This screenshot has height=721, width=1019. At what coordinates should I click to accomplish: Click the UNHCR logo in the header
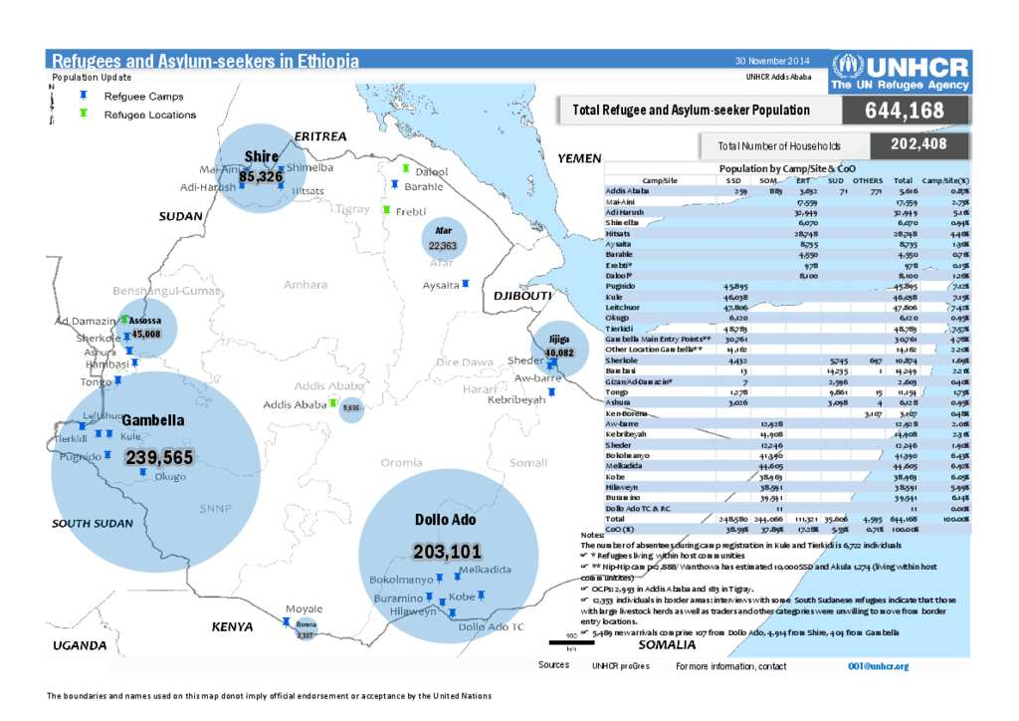click(900, 73)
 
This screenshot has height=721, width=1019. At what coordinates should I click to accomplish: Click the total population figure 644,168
click(905, 111)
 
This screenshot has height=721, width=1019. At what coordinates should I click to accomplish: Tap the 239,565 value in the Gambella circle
click(158, 457)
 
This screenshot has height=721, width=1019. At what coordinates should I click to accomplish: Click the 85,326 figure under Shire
click(261, 176)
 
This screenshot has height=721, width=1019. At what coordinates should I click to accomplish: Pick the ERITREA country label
click(319, 135)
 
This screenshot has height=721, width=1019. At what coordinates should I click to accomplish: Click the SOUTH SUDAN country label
click(92, 523)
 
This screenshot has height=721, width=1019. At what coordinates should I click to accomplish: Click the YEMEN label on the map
click(579, 158)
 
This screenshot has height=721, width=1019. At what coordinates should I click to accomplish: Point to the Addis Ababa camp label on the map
click(295, 404)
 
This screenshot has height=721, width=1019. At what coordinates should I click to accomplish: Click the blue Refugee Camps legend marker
click(84, 97)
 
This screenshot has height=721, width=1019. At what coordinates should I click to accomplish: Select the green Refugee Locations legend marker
click(84, 114)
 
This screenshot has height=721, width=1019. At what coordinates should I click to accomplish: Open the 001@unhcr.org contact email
click(878, 665)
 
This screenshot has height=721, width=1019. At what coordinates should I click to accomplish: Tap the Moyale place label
click(304, 607)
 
